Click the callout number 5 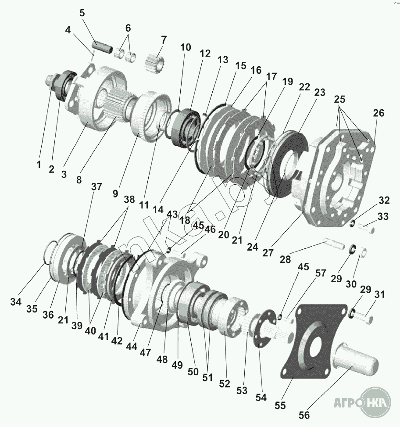click(x=82, y=13)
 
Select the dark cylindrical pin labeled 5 click(x=103, y=47)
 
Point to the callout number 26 click(x=379, y=113)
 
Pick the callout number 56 click(x=304, y=415)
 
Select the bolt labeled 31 click(x=364, y=316)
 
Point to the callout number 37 click(x=96, y=187)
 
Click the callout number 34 click(x=16, y=301)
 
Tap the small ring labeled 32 click(x=352, y=223)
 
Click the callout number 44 click(x=132, y=346)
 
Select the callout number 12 click(x=205, y=54)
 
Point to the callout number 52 click(x=225, y=384)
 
